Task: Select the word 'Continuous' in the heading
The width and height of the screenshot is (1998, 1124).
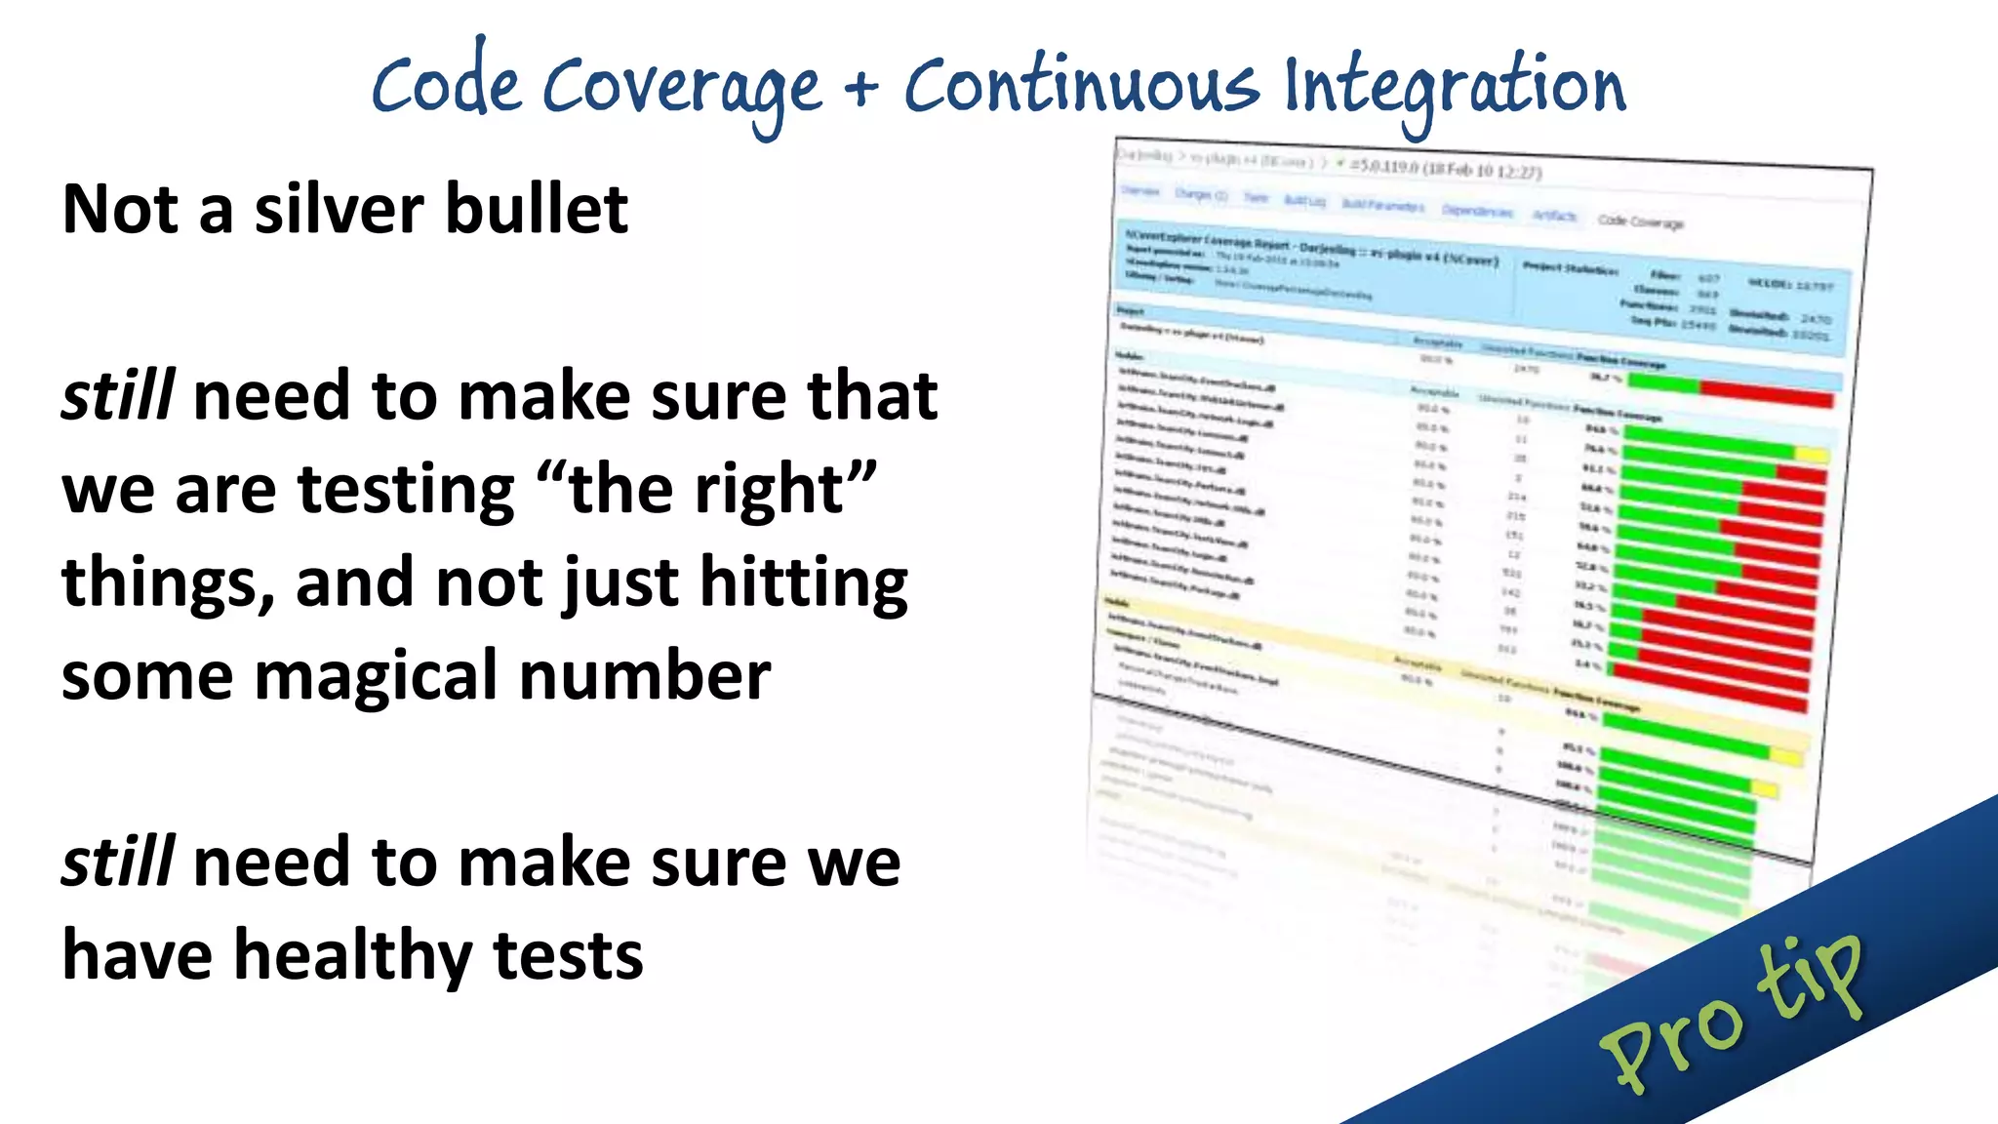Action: tap(1081, 86)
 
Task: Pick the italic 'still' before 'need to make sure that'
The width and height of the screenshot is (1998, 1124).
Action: tap(118, 396)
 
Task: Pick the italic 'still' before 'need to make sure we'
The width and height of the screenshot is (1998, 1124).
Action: tap(118, 863)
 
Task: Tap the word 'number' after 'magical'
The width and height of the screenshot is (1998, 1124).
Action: tap(645, 676)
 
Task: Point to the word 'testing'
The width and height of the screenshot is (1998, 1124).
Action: tap(406, 490)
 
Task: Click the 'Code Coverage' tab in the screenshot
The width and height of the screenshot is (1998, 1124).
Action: tap(1640, 221)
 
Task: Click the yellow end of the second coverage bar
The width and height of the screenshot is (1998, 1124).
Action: tap(1811, 455)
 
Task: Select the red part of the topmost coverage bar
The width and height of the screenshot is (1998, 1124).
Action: tap(1766, 394)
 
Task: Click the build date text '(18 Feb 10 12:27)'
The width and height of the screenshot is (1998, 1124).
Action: tap(1482, 170)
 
